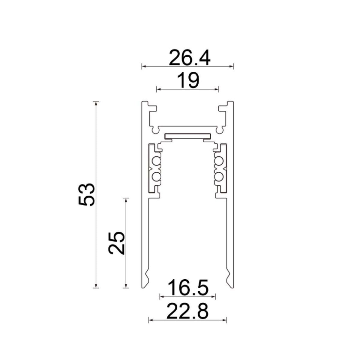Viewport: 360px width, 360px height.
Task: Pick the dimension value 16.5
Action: tap(188, 288)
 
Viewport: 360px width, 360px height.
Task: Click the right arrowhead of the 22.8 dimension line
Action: tap(225, 320)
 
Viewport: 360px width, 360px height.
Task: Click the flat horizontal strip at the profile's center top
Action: tap(187, 136)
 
